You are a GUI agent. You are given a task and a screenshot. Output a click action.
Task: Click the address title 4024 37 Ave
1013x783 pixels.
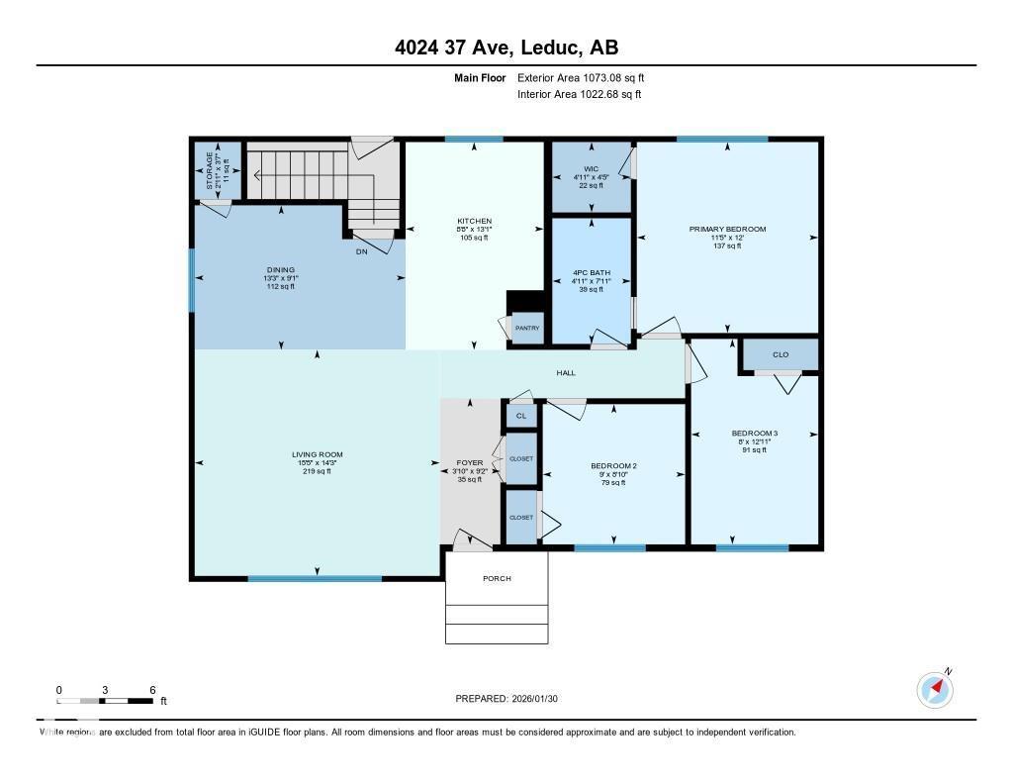[506, 48]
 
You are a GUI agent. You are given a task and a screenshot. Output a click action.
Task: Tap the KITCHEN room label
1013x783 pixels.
[474, 221]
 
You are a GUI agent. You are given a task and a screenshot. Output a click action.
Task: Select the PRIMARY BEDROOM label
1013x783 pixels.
[727, 229]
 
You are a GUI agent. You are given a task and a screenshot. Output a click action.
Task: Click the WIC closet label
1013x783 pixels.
[591, 169]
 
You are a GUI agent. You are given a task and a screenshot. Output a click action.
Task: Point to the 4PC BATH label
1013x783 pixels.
[591, 272]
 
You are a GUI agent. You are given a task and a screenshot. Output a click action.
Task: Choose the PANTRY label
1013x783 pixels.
[526, 327]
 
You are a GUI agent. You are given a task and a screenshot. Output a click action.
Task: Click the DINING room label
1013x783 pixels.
[280, 270]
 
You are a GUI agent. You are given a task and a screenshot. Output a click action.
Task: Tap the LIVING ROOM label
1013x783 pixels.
[317, 454]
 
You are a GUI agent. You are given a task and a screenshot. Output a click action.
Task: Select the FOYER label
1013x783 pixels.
[469, 462]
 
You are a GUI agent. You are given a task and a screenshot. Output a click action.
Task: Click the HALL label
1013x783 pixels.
[565, 373]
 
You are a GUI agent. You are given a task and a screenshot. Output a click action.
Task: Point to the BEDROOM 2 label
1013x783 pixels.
[613, 466]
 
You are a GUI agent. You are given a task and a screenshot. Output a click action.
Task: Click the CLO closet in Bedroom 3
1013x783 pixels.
[780, 354]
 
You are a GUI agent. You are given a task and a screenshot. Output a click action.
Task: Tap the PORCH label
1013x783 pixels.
[497, 578]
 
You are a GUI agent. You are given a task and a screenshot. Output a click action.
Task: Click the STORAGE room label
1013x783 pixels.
[210, 170]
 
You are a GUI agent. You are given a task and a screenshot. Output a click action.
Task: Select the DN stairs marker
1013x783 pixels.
[363, 251]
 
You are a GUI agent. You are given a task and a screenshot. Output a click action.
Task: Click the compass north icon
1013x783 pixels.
[935, 688]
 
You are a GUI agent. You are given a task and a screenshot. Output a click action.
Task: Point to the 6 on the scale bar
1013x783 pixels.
[152, 690]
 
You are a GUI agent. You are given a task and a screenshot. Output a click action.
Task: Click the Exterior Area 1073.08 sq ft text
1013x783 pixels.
[581, 77]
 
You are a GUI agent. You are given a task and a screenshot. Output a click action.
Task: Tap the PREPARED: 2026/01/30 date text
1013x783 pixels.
[506, 698]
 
